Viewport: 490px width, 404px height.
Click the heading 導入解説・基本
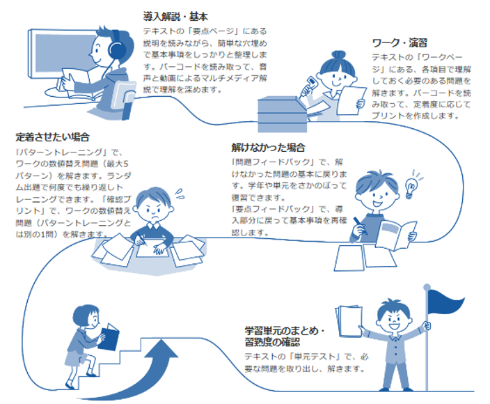pyautogui.click(x=175, y=16)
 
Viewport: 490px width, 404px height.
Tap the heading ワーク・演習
pyautogui.click(x=400, y=43)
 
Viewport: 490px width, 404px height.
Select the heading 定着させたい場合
pyautogui.click(x=52, y=137)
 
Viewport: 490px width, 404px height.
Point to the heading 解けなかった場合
pyautogui.click(x=268, y=148)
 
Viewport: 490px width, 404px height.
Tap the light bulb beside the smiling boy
pyautogui.click(x=410, y=187)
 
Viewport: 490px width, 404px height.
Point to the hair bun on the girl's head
pyautogui.click(x=338, y=56)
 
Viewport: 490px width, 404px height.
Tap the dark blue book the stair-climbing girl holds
pyautogui.click(x=109, y=337)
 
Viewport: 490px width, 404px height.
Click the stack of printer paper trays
pyautogui.click(x=282, y=114)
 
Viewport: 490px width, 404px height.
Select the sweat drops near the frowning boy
pyautogui.click(x=180, y=194)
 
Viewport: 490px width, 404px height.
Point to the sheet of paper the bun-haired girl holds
pyautogui.click(x=351, y=101)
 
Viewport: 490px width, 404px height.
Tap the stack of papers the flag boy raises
pyautogui.click(x=349, y=321)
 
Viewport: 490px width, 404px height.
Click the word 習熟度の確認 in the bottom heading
pyautogui.click(x=272, y=342)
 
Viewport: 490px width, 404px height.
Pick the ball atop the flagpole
pyautogui.click(x=427, y=287)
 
